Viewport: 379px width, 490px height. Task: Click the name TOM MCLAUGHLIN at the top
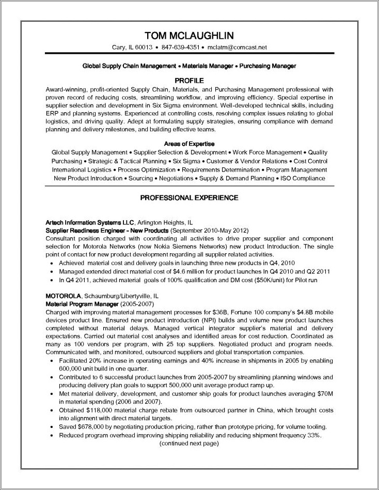tap(189, 35)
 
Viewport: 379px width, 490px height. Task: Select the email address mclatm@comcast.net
tap(236, 48)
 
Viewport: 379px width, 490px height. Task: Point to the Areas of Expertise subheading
tap(189, 143)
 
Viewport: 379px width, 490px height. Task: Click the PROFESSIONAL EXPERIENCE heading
tap(189, 197)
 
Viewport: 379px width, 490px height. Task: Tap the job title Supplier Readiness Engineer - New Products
tap(107, 230)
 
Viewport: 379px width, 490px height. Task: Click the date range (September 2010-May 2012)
tap(209, 230)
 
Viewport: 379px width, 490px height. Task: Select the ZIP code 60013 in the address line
tap(144, 48)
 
